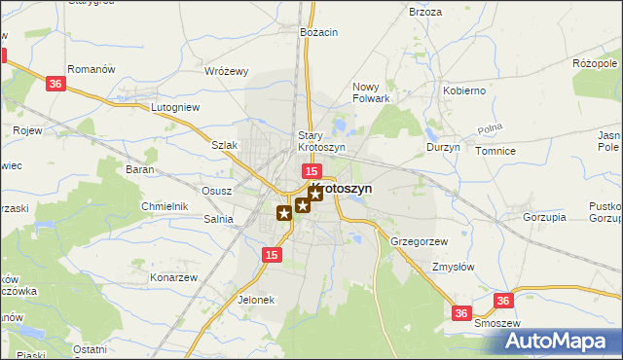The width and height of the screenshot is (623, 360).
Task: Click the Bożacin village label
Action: [318, 32]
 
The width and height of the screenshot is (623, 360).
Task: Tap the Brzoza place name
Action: [425, 12]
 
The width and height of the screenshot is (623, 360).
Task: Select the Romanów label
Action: [92, 70]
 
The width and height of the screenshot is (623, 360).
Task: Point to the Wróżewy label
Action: [227, 71]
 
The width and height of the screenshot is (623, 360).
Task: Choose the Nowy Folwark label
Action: [371, 92]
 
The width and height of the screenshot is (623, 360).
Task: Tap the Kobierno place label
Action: [464, 90]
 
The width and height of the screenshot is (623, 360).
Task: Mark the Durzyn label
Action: [443, 147]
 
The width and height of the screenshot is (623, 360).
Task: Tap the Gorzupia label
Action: [544, 217]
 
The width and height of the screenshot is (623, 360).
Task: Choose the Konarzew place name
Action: [173, 277]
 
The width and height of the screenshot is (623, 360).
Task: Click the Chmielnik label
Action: [164, 206]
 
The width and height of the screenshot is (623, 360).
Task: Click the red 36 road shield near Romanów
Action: [55, 85]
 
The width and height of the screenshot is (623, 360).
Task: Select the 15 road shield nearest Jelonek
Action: [273, 255]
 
